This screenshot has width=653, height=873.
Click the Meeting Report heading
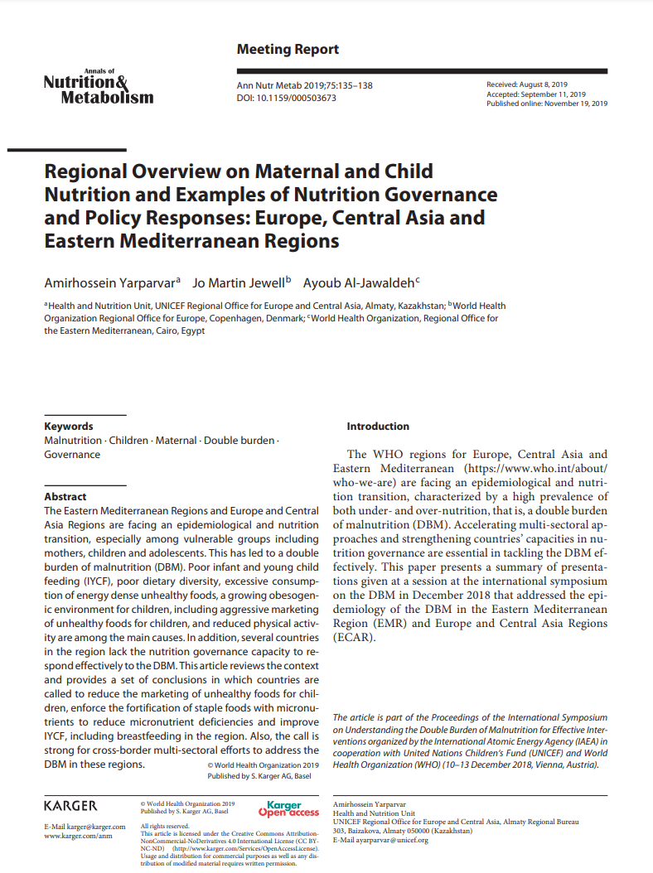pos(288,50)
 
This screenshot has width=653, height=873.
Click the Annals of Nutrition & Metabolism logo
pos(98,88)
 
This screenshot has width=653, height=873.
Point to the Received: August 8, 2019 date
pos(526,85)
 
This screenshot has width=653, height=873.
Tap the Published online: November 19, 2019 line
pos(546,104)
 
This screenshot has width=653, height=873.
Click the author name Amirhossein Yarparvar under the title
pos(112,282)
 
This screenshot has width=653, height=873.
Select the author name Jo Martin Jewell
pos(240,282)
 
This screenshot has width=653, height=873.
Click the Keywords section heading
pos(69,427)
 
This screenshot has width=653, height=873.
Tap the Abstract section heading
pos(65,497)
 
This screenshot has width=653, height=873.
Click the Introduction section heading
pos(378,427)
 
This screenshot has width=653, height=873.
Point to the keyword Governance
pos(72,455)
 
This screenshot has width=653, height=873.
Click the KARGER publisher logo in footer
pos(70,806)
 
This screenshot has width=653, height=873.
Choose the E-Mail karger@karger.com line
pos(85,827)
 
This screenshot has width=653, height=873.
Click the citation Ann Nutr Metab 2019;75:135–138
pos(304,85)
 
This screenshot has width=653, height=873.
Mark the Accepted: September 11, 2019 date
pos(535,94)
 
